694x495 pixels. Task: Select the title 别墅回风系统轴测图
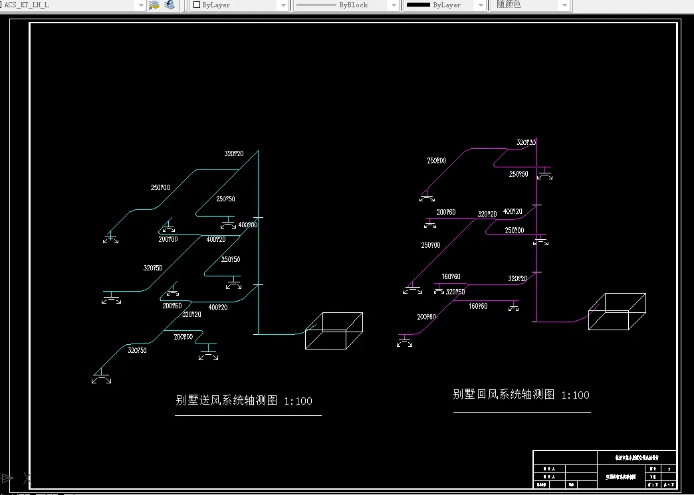click(503, 395)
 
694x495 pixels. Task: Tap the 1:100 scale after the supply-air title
click(298, 401)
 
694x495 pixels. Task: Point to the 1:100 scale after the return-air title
click(575, 395)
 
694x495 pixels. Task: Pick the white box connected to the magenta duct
click(617, 311)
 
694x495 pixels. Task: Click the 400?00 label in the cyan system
click(247, 225)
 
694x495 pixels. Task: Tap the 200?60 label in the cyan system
click(172, 306)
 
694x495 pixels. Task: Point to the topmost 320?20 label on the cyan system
click(233, 154)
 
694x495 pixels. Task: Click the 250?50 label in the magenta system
click(519, 174)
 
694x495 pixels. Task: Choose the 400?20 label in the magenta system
click(513, 212)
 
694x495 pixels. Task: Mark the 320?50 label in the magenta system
click(455, 292)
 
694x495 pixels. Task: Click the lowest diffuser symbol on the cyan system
click(102, 377)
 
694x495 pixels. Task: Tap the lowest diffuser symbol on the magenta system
click(404, 342)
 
